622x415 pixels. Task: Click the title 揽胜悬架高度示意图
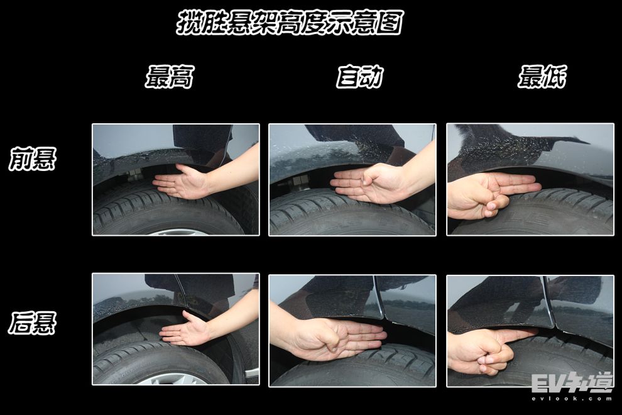[290, 23]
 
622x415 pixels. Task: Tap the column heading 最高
[170, 77]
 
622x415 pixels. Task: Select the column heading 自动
[360, 77]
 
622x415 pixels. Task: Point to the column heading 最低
[542, 77]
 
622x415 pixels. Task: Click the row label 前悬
[33, 158]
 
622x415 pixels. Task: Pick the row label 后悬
[33, 323]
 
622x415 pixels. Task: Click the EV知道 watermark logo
[571, 383]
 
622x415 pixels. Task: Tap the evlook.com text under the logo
[572, 398]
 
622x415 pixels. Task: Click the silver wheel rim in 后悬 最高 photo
[175, 379]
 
